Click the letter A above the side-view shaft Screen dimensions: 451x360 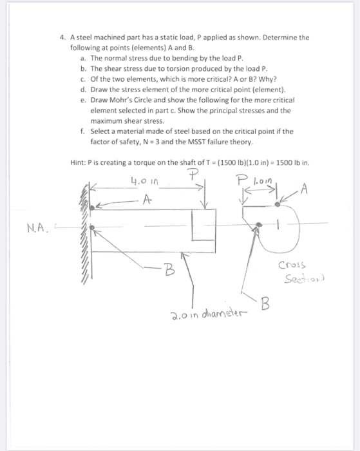[x=147, y=200]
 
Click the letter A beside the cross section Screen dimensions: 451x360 [x=303, y=189]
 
